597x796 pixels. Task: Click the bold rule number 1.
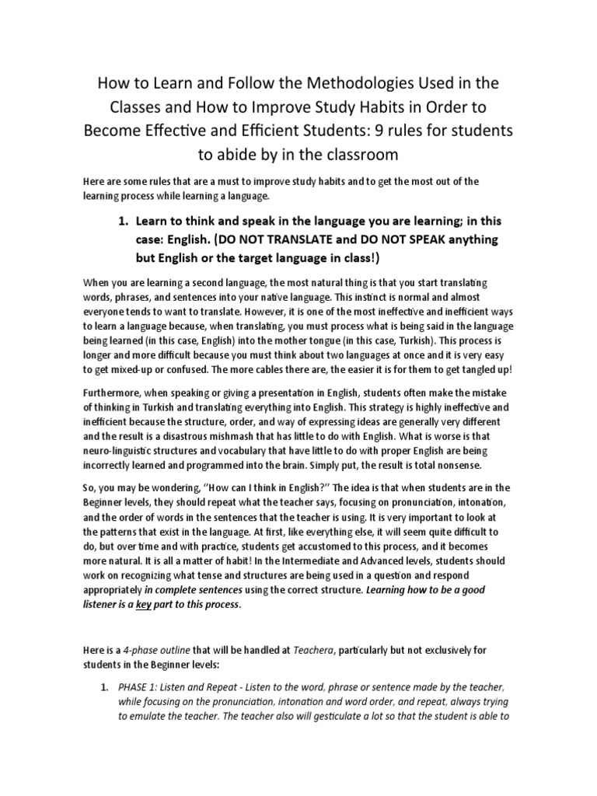point(123,220)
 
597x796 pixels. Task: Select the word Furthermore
point(115,392)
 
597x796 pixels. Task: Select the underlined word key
point(144,604)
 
